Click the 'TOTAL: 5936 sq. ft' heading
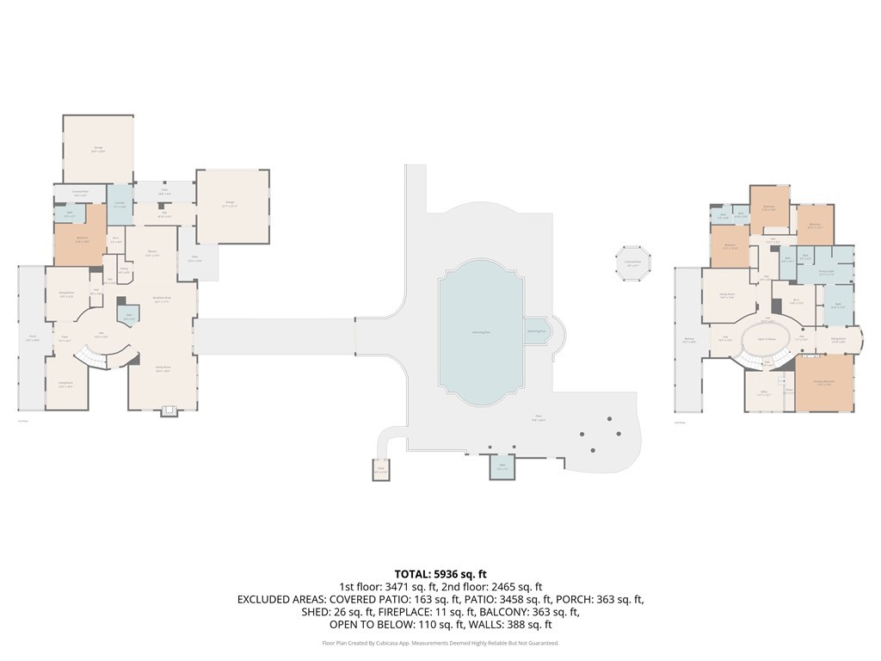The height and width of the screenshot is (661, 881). [440, 573]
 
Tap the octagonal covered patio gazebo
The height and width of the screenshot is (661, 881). [632, 263]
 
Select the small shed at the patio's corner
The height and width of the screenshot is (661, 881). [380, 470]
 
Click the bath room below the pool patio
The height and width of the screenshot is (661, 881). [502, 467]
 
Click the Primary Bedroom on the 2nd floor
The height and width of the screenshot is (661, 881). [823, 383]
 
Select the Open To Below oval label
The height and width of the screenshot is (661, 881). [767, 338]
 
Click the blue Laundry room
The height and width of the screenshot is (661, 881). [119, 207]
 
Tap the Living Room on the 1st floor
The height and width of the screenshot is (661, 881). [65, 385]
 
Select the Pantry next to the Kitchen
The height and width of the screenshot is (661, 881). [124, 271]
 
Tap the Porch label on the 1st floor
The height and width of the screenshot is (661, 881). [32, 340]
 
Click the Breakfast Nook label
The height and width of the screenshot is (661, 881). [162, 299]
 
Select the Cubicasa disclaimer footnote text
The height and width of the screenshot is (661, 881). [440, 643]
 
